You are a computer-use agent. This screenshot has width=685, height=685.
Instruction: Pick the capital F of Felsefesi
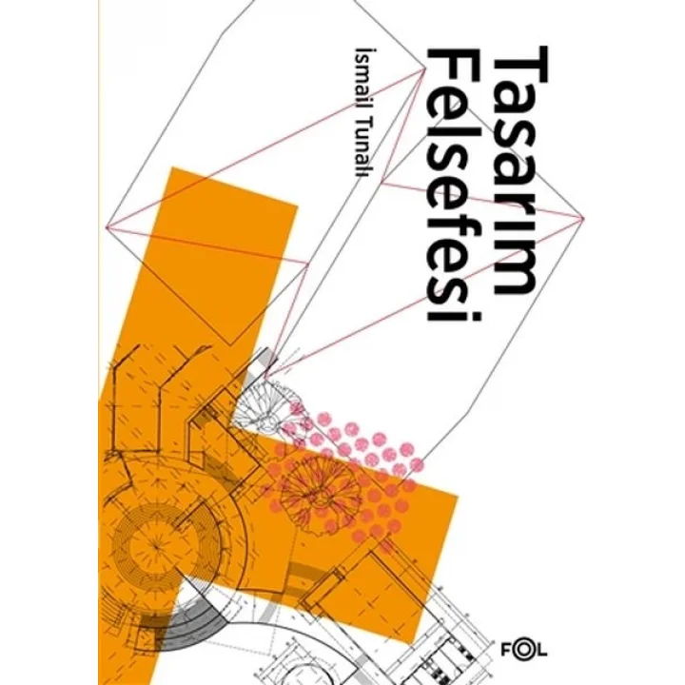click(454, 65)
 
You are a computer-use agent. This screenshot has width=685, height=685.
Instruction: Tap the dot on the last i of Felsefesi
click(476, 317)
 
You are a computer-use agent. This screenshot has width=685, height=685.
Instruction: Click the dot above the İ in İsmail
click(365, 53)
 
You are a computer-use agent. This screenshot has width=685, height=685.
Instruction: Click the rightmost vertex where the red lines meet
click(583, 219)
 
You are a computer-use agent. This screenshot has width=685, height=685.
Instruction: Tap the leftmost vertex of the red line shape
click(108, 226)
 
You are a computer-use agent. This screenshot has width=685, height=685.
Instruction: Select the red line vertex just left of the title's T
click(424, 69)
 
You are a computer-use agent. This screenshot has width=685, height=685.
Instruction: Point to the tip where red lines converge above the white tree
click(265, 377)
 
